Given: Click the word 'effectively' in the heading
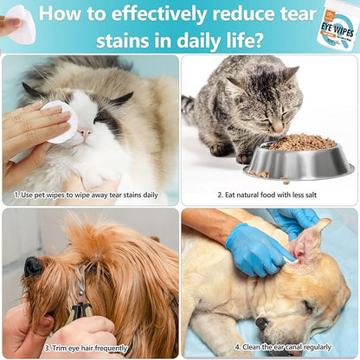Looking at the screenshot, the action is click(x=159, y=14).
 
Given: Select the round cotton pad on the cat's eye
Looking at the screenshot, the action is click(x=61, y=122).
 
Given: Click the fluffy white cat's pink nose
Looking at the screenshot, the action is click(x=86, y=132).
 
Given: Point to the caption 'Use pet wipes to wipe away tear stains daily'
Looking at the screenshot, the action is click(x=86, y=195).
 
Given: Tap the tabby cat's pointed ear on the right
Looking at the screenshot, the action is click(x=291, y=74).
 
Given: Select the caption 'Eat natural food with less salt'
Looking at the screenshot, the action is click(x=267, y=195).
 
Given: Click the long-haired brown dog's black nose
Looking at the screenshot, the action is click(x=33, y=267).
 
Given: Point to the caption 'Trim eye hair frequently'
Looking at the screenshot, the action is click(x=86, y=348).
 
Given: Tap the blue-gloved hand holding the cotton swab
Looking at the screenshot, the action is click(x=254, y=249).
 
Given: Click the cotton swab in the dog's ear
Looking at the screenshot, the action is click(x=291, y=260).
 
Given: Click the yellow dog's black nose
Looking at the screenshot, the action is click(x=261, y=324).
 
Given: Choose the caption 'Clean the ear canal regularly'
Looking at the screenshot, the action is click(x=283, y=347).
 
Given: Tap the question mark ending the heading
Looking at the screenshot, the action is click(x=255, y=40).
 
